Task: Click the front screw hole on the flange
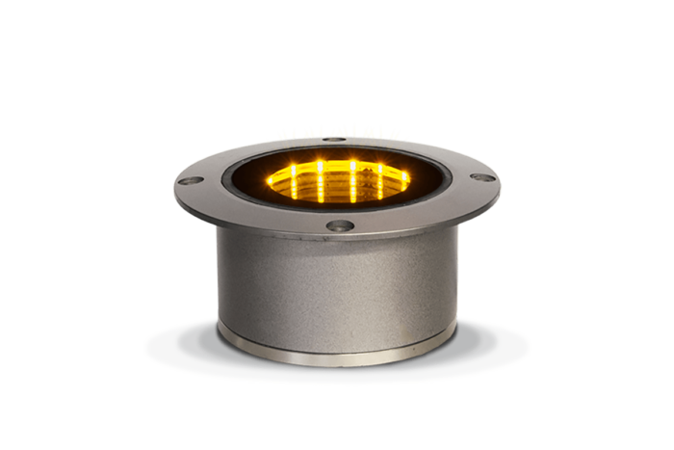[x=339, y=226]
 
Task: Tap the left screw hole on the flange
[x=193, y=180]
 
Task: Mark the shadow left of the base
[x=178, y=342]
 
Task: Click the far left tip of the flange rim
[x=174, y=183]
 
